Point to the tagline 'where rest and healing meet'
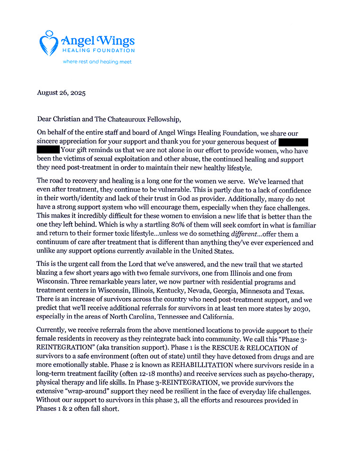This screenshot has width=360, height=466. pyautogui.click(x=97, y=62)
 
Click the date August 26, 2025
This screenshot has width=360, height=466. pyautogui.click(x=61, y=93)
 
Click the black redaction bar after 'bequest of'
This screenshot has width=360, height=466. pyautogui.click(x=293, y=142)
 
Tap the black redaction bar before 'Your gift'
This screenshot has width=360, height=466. pyautogui.click(x=48, y=150)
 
